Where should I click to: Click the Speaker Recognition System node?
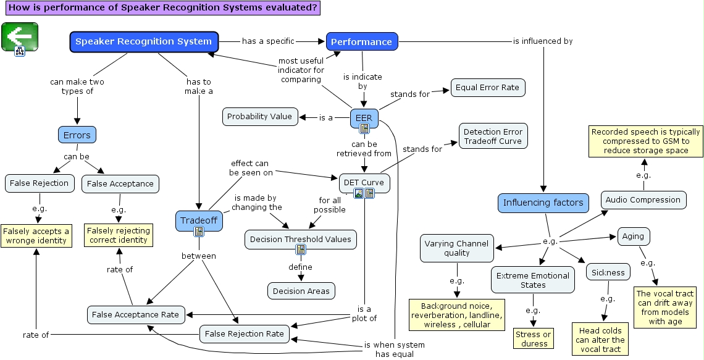pyautogui.click(x=143, y=42)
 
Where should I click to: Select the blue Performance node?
pyautogui.click(x=362, y=42)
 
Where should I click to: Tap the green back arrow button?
pyautogui.click(x=19, y=36)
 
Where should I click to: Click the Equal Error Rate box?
pyautogui.click(x=487, y=88)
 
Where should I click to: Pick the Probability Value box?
pyautogui.click(x=259, y=117)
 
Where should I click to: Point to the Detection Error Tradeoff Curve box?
pyautogui.click(x=492, y=136)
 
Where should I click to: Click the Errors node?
pyautogui.click(x=77, y=135)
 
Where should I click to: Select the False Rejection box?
pyautogui.click(x=39, y=183)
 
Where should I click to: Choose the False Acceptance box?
pyautogui.click(x=120, y=184)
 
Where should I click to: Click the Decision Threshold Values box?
pyautogui.click(x=300, y=239)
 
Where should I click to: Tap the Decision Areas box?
pyautogui.click(x=301, y=291)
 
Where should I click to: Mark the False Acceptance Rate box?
pyautogui.click(x=135, y=315)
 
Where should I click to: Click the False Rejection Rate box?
pyautogui.click(x=244, y=334)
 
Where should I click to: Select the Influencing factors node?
pyautogui.click(x=543, y=203)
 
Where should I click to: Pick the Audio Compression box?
pyautogui.click(x=643, y=200)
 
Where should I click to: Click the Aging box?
pyautogui.click(x=633, y=237)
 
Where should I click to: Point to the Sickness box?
pyautogui.click(x=608, y=272)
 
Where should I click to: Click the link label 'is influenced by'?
pyautogui.click(x=543, y=41)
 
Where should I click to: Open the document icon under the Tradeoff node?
pyautogui.click(x=199, y=232)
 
